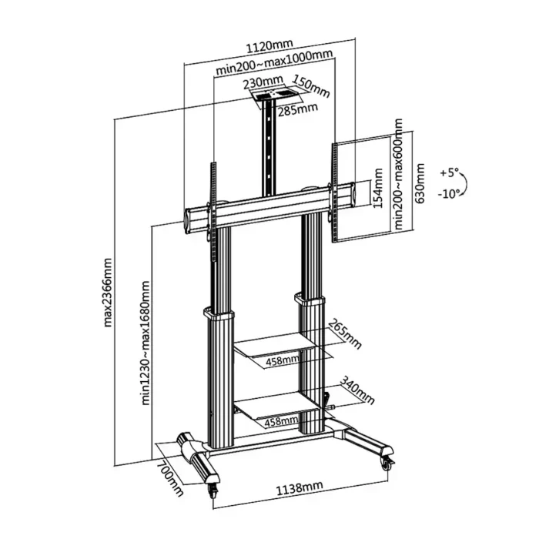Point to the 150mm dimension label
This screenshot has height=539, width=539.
click(x=310, y=87)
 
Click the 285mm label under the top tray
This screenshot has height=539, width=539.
click(x=297, y=108)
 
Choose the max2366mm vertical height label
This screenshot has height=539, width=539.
click(x=109, y=293)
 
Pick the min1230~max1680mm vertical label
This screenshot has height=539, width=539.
click(x=146, y=331)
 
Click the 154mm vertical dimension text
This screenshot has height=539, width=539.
click(x=378, y=189)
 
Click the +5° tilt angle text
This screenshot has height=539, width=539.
click(x=450, y=172)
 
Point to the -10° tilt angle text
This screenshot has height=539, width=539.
click(x=450, y=193)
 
